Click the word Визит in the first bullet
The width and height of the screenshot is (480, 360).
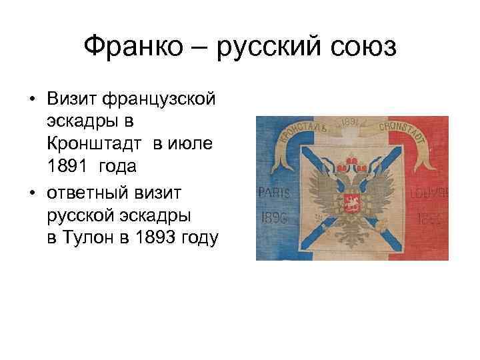71,99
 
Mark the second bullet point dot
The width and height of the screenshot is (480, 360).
32,193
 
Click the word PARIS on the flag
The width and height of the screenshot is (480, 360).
275,193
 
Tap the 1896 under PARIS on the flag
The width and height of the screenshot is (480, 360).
275,218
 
